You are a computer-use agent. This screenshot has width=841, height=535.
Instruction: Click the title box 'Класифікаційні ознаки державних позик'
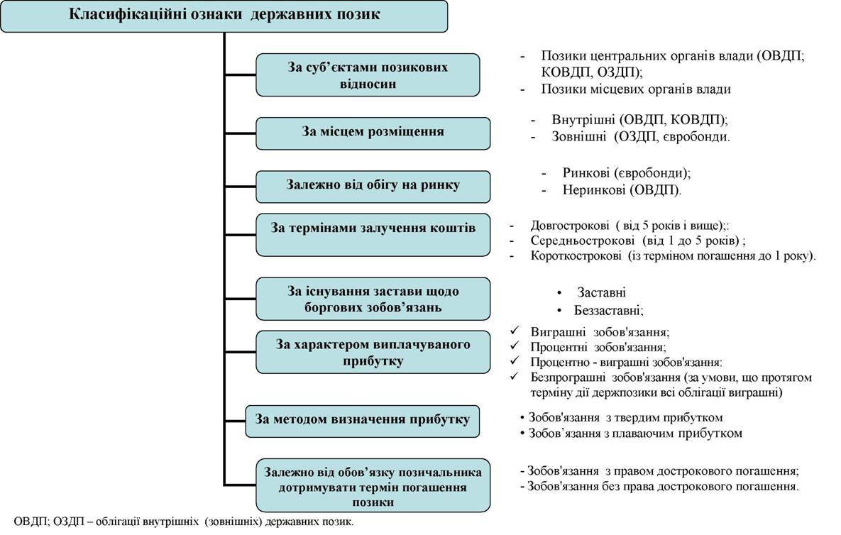[x=224, y=16]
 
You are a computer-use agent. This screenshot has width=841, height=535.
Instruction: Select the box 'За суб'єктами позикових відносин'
[x=368, y=75]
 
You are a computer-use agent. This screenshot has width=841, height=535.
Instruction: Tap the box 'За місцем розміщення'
[x=373, y=133]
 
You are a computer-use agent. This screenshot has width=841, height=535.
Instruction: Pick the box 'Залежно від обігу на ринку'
[x=373, y=187]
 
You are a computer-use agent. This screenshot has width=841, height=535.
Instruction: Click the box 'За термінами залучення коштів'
[x=373, y=235]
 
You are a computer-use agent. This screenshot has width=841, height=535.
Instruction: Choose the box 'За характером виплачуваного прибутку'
[x=373, y=352]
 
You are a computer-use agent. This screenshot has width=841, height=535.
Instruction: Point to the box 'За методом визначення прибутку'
[x=362, y=421]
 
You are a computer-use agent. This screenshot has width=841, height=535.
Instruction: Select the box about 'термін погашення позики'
[x=373, y=485]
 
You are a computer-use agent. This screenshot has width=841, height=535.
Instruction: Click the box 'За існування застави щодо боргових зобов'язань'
[x=373, y=299]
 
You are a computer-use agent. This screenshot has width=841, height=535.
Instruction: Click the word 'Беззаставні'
[x=608, y=310]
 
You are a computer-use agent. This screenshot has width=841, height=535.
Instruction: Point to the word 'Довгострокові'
[x=570, y=226]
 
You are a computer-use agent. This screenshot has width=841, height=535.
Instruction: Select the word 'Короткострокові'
[x=576, y=255]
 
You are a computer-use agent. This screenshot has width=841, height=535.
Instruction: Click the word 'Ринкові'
[x=586, y=173]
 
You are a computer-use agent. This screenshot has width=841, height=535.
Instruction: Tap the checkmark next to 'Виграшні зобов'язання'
[x=515, y=331]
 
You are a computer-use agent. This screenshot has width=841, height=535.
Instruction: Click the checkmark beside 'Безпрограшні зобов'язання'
[x=515, y=376]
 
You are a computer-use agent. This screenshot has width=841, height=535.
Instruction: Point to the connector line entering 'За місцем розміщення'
[x=240, y=133]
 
